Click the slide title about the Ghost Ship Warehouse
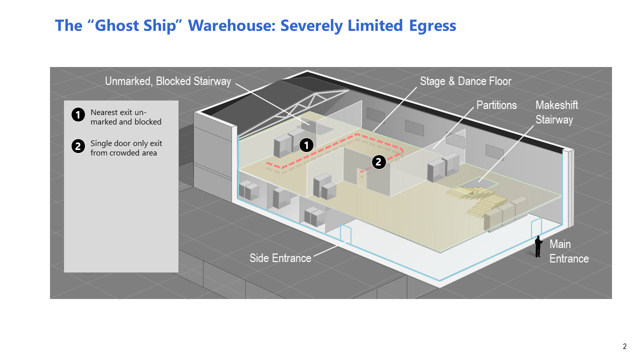point(255,25)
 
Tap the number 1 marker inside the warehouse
point(306,145)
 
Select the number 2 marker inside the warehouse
point(378,161)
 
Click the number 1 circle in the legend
point(77,115)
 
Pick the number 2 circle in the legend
point(77,146)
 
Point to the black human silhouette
point(538,246)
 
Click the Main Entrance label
point(569,251)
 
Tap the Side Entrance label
point(280,258)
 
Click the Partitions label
point(496,105)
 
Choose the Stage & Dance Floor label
point(465,81)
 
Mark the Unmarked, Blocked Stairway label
point(168,81)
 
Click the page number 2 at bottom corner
point(624,346)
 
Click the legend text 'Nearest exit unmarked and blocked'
point(125,117)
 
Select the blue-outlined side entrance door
point(345,235)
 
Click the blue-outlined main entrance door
point(536,228)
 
